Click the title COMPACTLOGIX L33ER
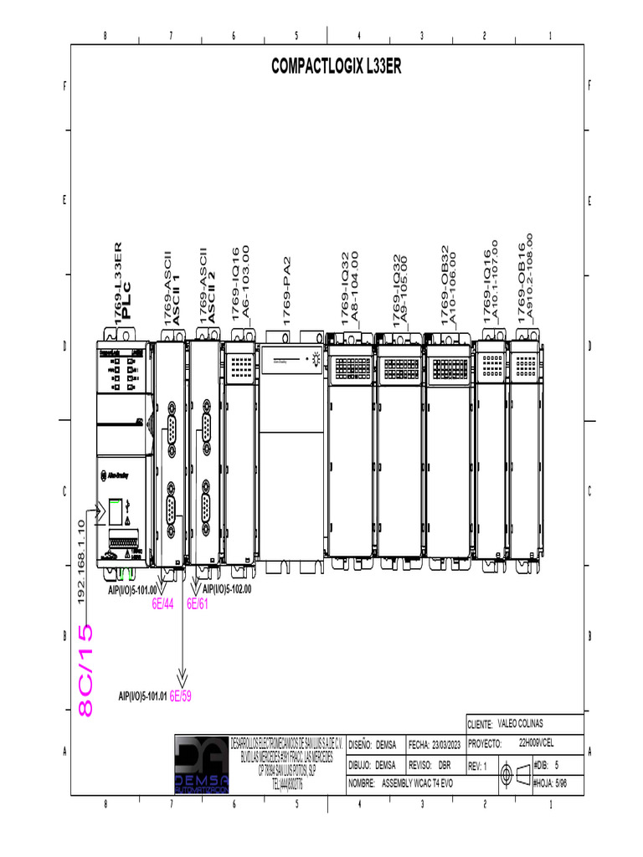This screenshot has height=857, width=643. [x=336, y=67]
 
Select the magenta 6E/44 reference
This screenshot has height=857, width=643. [x=162, y=604]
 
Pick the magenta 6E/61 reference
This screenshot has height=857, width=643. [x=198, y=604]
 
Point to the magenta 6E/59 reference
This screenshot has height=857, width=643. [x=181, y=695]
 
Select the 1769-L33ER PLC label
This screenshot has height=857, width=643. [x=123, y=282]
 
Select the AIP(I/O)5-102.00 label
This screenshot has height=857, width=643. [x=227, y=589]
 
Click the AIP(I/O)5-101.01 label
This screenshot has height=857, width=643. [x=142, y=695]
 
